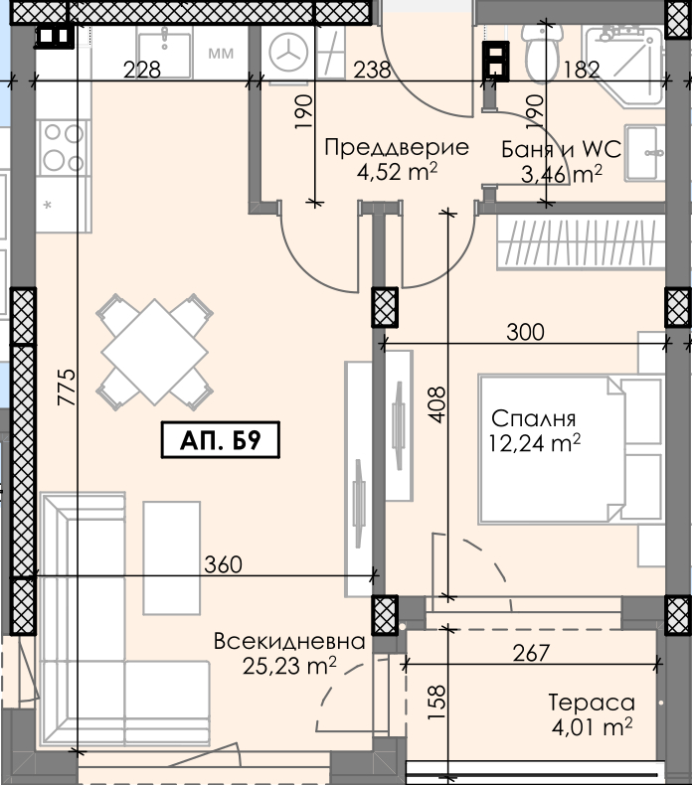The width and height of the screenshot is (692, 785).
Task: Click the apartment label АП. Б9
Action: (x=220, y=439)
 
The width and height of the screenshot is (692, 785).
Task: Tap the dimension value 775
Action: (x=67, y=387)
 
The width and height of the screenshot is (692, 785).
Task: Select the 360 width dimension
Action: (x=223, y=564)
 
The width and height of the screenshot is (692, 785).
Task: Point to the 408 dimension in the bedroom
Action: (x=436, y=404)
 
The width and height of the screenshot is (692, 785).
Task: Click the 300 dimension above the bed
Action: (x=525, y=332)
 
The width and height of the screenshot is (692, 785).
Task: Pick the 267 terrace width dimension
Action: (x=531, y=653)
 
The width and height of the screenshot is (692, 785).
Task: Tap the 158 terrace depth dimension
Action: (x=436, y=702)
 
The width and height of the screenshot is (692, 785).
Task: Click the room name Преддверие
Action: (x=397, y=147)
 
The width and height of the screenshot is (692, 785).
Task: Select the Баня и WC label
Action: (x=561, y=149)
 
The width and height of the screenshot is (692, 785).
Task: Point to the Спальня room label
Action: (x=533, y=418)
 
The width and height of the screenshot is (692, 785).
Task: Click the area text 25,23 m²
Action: (x=289, y=666)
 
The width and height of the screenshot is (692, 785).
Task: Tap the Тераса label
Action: (x=592, y=703)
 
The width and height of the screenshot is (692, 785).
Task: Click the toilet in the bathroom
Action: (x=541, y=53)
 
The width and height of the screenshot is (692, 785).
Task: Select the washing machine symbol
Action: (x=288, y=52)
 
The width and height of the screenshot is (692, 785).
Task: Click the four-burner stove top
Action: (x=64, y=148)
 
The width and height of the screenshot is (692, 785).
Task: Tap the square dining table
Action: (x=154, y=352)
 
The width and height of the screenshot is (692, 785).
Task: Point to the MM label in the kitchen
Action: (x=221, y=53)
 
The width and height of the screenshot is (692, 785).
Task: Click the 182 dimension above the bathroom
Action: (x=582, y=70)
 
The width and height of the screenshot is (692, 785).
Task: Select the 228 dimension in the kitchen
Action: (x=142, y=70)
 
